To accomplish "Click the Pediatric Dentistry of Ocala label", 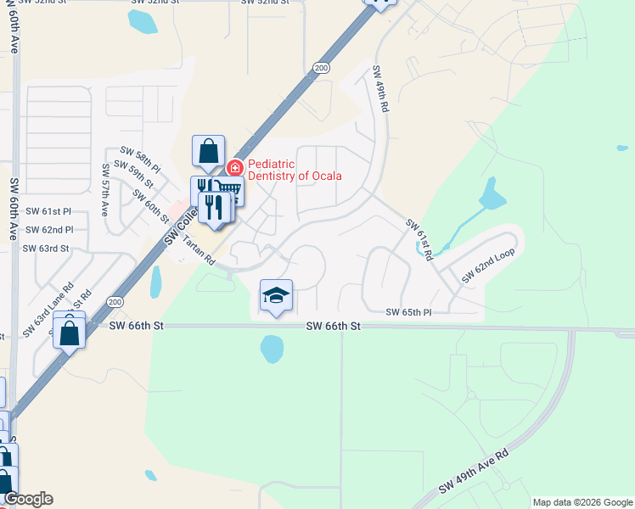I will tap(294, 170).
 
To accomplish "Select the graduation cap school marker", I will tap(276, 296).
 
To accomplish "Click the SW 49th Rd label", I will tap(381, 92).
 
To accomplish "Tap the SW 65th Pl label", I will tap(408, 312).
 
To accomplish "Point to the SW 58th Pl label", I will tap(140, 158).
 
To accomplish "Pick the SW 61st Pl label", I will tap(48, 211).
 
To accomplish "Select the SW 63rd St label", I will tap(45, 249).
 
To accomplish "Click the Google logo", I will tap(28, 499).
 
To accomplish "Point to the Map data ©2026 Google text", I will tap(582, 502).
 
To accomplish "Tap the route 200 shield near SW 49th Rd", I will tap(320, 67).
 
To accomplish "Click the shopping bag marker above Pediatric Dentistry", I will tap(208, 152).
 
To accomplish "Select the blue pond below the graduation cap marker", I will tap(272, 348).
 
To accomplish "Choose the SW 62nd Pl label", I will tap(49, 230).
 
